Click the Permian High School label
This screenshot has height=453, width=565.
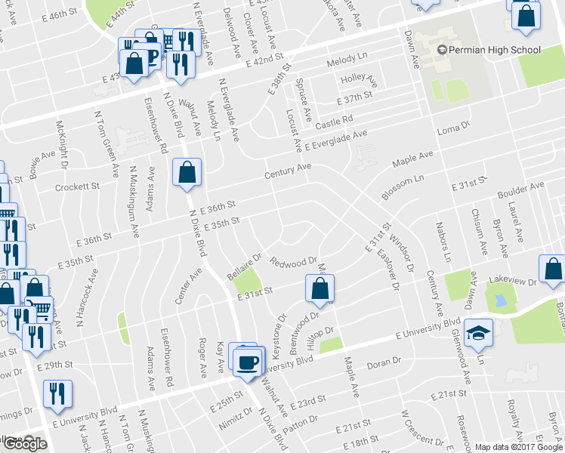[x=495, y=50]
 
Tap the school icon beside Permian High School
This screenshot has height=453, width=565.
[x=442, y=50]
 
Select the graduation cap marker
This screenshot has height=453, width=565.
[x=478, y=334]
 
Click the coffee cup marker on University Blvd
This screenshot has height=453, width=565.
[x=245, y=363]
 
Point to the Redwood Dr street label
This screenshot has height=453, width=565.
[x=293, y=260]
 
